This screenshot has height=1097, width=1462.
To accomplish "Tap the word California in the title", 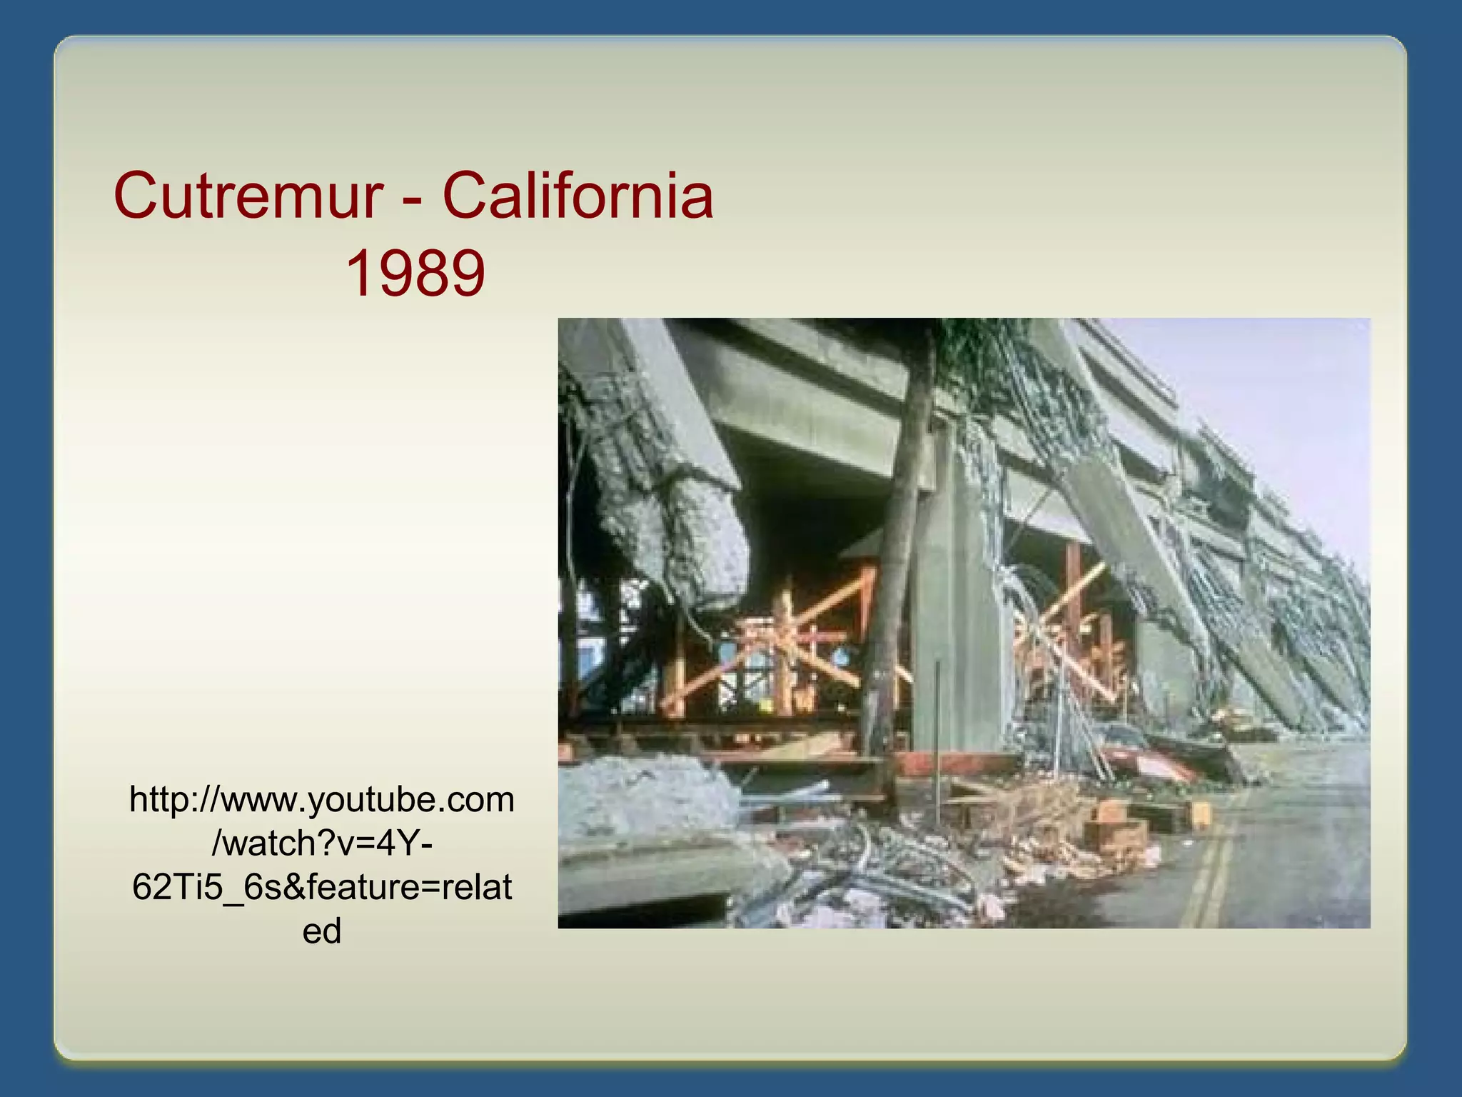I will coord(578,196).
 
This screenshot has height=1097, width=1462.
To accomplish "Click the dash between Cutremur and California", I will coord(412,199).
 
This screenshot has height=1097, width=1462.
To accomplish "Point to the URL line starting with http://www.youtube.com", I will coord(322,799).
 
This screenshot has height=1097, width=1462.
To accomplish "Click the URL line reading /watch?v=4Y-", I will coord(322,843).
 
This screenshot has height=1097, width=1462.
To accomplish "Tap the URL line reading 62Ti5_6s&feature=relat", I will coord(322,888).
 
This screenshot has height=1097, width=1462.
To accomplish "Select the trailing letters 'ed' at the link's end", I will coord(322,931).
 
